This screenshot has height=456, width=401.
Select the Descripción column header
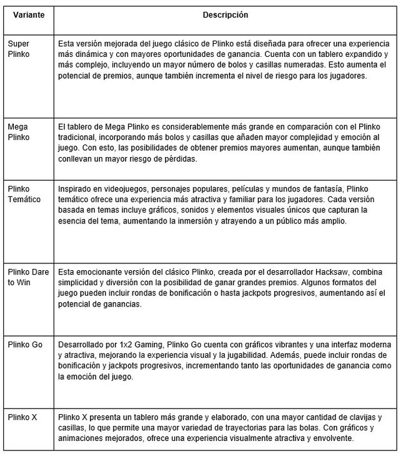tap(225, 14)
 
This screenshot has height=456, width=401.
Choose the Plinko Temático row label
tap(24, 194)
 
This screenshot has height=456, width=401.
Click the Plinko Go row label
tap(24, 345)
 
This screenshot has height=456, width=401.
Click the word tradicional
tap(77, 138)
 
